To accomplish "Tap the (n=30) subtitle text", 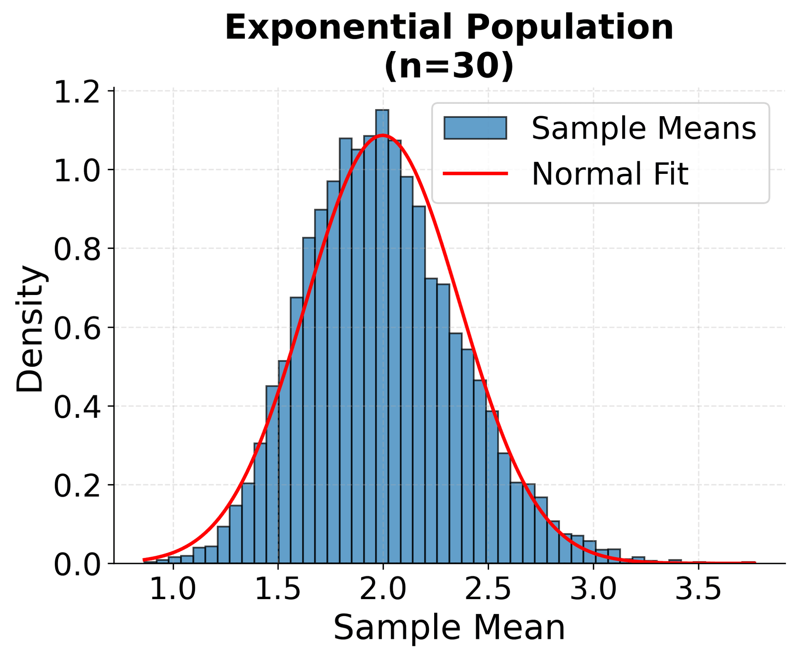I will tap(449, 66).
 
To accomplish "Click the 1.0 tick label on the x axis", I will tap(173, 590).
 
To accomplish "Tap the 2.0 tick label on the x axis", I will tap(383, 590).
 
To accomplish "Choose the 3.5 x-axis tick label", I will tap(698, 590).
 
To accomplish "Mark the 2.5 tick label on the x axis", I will tap(488, 590).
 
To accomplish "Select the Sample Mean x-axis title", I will tap(449, 628).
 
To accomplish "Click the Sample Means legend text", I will tap(644, 128).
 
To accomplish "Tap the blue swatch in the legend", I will tap(475, 128).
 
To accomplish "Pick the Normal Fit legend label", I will tap(610, 174).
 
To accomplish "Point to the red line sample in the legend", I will tap(475, 173).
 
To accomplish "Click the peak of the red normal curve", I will tap(382, 135).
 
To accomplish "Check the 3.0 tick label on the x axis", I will tap(593, 590).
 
